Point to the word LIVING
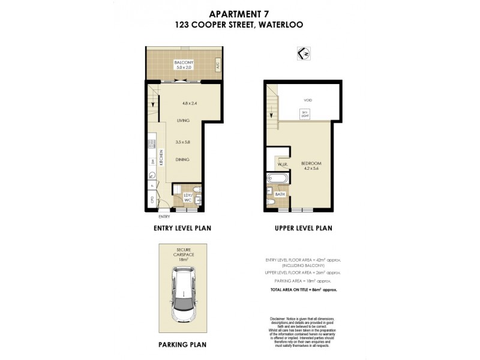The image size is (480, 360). [x=183, y=121]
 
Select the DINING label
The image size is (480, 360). [x=183, y=160]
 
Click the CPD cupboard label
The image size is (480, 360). [x=152, y=199]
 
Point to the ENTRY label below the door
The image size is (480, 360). [x=164, y=216]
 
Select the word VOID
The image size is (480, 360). [x=307, y=100]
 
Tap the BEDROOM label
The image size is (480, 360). [x=311, y=163]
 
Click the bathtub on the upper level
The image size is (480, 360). [x=277, y=178]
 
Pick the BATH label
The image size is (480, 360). [x=280, y=194]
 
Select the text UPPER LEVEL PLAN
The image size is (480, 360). [x=303, y=228]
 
